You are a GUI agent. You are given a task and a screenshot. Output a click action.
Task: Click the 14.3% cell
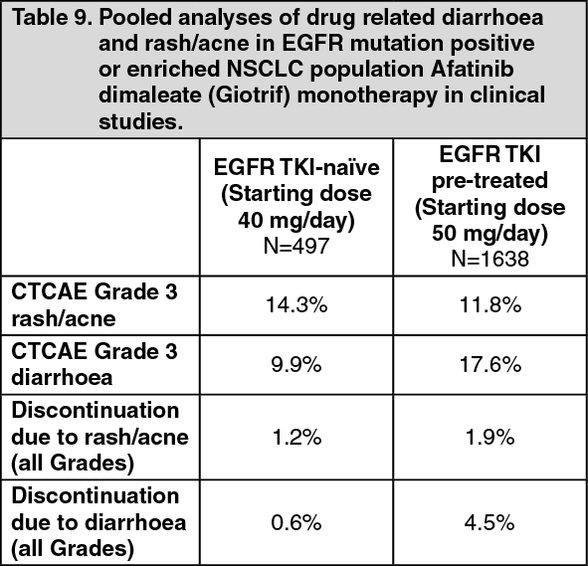coord(296,304)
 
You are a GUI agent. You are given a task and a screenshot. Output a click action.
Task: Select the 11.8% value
coord(490,304)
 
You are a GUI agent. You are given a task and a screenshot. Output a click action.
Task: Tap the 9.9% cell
coord(296,364)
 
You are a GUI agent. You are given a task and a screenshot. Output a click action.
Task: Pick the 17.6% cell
coord(490,364)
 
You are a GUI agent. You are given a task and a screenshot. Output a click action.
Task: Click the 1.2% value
coord(296,437)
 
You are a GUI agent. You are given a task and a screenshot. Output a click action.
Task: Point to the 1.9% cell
coord(490,437)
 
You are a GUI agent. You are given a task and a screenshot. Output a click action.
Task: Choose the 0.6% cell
coord(296,522)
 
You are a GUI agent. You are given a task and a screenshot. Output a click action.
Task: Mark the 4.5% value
coord(490,522)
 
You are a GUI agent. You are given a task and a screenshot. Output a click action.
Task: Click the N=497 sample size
coord(296,246)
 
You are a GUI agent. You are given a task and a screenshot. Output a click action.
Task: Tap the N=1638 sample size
coord(490,259)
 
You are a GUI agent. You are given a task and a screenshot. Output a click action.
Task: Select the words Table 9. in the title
coord(52,18)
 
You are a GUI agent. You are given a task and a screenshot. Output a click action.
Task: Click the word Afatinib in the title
coord(472,69)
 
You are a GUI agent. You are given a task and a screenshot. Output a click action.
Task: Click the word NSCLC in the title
coord(265,69)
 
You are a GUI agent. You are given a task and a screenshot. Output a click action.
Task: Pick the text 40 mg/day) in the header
coord(296,221)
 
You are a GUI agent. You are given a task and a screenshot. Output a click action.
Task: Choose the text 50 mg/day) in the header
coord(490,233)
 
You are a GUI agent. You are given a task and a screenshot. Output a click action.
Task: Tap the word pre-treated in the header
coord(490,181)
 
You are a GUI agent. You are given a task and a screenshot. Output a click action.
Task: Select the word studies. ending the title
coord(141,121)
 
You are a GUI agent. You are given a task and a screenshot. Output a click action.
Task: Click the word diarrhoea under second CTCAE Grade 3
coord(62,377)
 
